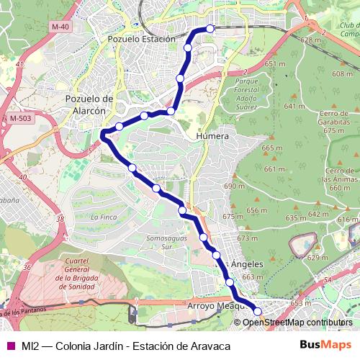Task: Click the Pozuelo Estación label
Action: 140,39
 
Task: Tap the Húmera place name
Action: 212,135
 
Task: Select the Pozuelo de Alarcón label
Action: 90,104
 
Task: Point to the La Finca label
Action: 104,217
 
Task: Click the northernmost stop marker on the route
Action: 210,29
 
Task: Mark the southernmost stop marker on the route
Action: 257,312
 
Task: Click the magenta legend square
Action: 9,346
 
